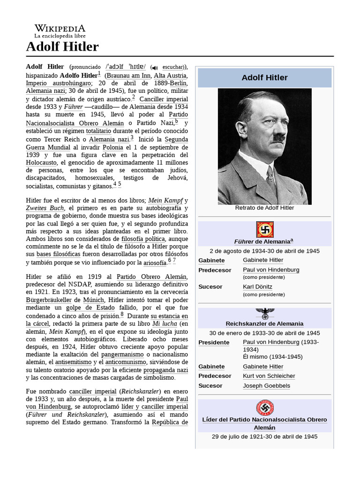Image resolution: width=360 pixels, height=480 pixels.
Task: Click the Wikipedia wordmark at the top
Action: (60, 29)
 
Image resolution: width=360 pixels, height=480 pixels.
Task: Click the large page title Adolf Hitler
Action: (62, 47)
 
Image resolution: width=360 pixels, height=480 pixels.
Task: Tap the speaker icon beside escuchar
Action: (155, 67)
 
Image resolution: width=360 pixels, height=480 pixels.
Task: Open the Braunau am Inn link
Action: (127, 75)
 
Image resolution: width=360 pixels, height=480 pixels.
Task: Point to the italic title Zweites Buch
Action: (45, 208)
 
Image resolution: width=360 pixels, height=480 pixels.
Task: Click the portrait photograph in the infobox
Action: (264, 146)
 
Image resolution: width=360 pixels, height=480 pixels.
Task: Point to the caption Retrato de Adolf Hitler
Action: (264, 208)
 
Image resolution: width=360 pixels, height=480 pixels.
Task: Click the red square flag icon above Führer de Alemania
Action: (264, 229)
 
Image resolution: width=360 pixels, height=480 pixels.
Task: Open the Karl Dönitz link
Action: (257, 286)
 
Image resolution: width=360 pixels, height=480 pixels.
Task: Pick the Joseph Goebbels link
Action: (266, 386)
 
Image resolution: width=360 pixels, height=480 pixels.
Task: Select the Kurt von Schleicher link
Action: (269, 376)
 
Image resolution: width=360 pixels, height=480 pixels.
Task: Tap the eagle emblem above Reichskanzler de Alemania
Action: (264, 313)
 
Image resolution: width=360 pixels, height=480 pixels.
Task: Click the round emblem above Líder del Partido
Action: (264, 407)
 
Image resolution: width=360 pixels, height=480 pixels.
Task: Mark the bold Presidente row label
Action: (214, 342)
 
